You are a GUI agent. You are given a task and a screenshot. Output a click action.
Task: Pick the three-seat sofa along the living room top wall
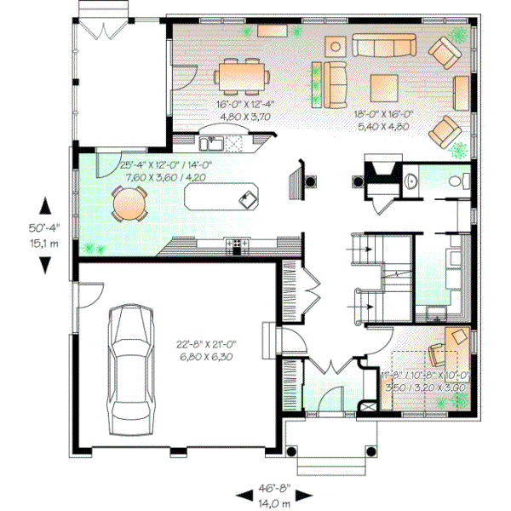pos(384,47)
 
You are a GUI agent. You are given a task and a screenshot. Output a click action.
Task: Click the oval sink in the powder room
pos(411,181)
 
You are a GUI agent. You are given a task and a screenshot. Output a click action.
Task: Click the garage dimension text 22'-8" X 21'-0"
pos(207,344)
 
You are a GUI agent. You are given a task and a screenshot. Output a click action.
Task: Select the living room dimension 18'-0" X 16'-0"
pos(384,112)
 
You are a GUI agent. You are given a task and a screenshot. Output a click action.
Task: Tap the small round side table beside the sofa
pos(336,46)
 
